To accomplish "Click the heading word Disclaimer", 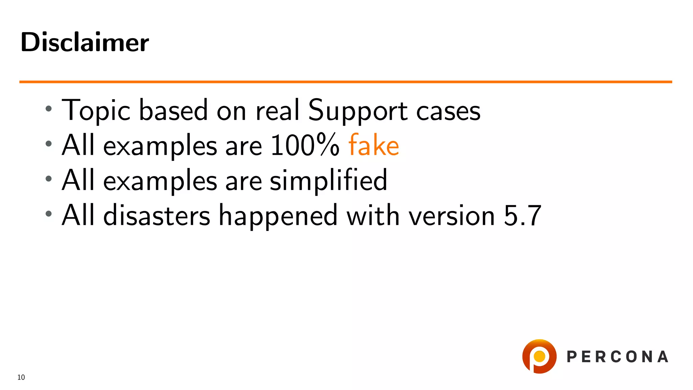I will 85,42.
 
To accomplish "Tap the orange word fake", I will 374,145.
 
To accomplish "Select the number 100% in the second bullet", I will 305,145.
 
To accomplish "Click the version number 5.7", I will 522,215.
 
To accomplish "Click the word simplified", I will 328,180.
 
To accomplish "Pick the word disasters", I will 157,215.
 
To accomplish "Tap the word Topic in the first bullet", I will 96,110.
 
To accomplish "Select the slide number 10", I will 21,377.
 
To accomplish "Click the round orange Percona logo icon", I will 539,356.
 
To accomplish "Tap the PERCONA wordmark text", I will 617,357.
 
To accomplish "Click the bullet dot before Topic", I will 49,109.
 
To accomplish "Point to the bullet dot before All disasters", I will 49,214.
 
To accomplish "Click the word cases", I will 448,111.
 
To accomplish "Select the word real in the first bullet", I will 277,110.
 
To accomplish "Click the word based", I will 173,110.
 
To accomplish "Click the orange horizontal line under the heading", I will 345,82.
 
